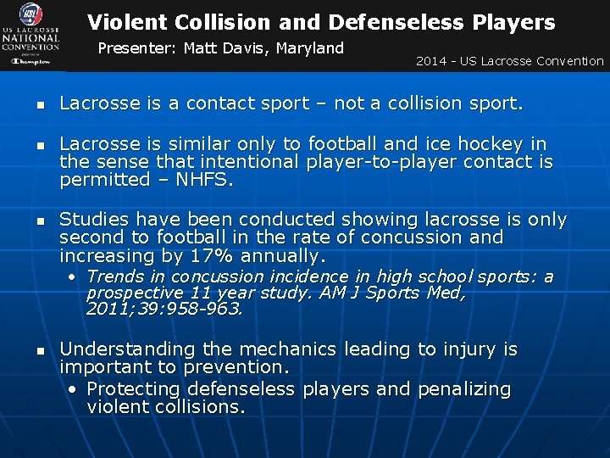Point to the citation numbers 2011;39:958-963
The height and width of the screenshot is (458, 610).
164,310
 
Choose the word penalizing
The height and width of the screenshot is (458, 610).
463,389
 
